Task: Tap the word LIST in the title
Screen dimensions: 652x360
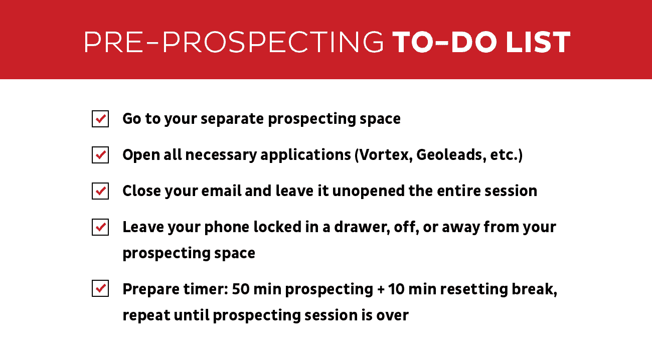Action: pyautogui.click(x=538, y=42)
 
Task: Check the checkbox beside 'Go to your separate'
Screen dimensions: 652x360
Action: pyautogui.click(x=100, y=119)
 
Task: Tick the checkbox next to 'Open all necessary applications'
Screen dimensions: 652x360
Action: pyautogui.click(x=100, y=155)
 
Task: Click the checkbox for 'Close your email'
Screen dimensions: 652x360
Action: pyautogui.click(x=100, y=191)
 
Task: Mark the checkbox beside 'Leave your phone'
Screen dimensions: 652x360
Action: pyautogui.click(x=100, y=227)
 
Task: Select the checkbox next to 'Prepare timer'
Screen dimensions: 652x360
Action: pyautogui.click(x=100, y=288)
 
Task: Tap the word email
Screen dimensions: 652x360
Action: pyautogui.click(x=221, y=191)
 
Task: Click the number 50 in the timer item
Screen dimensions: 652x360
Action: pyautogui.click(x=241, y=289)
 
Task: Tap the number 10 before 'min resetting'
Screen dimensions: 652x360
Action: pyautogui.click(x=396, y=289)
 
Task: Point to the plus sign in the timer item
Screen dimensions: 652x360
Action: pyautogui.click(x=381, y=290)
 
